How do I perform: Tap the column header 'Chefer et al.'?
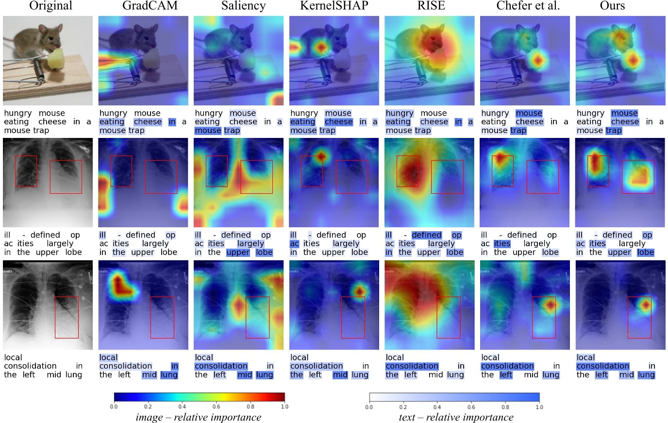pos(528,6)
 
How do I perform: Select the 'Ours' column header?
pos(612,6)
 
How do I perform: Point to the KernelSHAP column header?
pos(334,6)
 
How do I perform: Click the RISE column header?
pos(431,6)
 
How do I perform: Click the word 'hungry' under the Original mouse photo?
pos(18,113)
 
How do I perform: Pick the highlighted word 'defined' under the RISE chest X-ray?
pos(427,235)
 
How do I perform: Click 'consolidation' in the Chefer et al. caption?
pos(507,366)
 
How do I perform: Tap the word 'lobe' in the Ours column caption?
pos(645,253)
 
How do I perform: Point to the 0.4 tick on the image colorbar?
pos(182,406)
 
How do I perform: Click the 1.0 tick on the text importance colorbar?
pos(539,407)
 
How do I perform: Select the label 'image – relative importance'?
pos(198,417)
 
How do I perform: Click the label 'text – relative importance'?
pos(455,417)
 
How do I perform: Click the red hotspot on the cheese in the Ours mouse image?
pos(633,60)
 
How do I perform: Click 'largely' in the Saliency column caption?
pos(250,244)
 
